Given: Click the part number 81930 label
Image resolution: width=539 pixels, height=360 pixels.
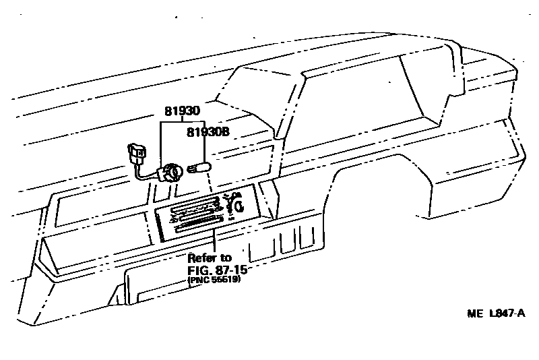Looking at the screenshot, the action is [182, 110].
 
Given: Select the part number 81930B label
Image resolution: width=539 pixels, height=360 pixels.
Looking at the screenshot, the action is [208, 133].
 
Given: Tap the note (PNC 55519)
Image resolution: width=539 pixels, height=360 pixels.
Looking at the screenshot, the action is [214, 280].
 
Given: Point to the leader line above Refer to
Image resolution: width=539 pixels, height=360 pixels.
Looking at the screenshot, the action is [213, 241].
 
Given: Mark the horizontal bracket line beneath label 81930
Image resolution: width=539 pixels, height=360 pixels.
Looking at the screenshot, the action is [182, 123].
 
